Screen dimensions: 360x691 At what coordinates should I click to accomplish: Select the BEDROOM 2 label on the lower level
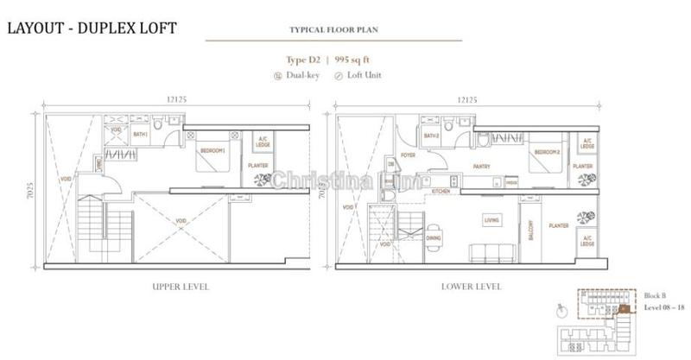(547, 152)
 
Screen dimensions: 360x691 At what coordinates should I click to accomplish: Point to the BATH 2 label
(432, 136)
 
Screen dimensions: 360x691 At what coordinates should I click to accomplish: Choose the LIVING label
(492, 221)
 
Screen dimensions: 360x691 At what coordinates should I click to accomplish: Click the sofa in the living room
(486, 252)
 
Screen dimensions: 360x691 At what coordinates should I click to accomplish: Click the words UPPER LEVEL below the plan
(179, 285)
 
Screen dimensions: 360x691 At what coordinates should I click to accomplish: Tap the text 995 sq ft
(361, 60)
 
